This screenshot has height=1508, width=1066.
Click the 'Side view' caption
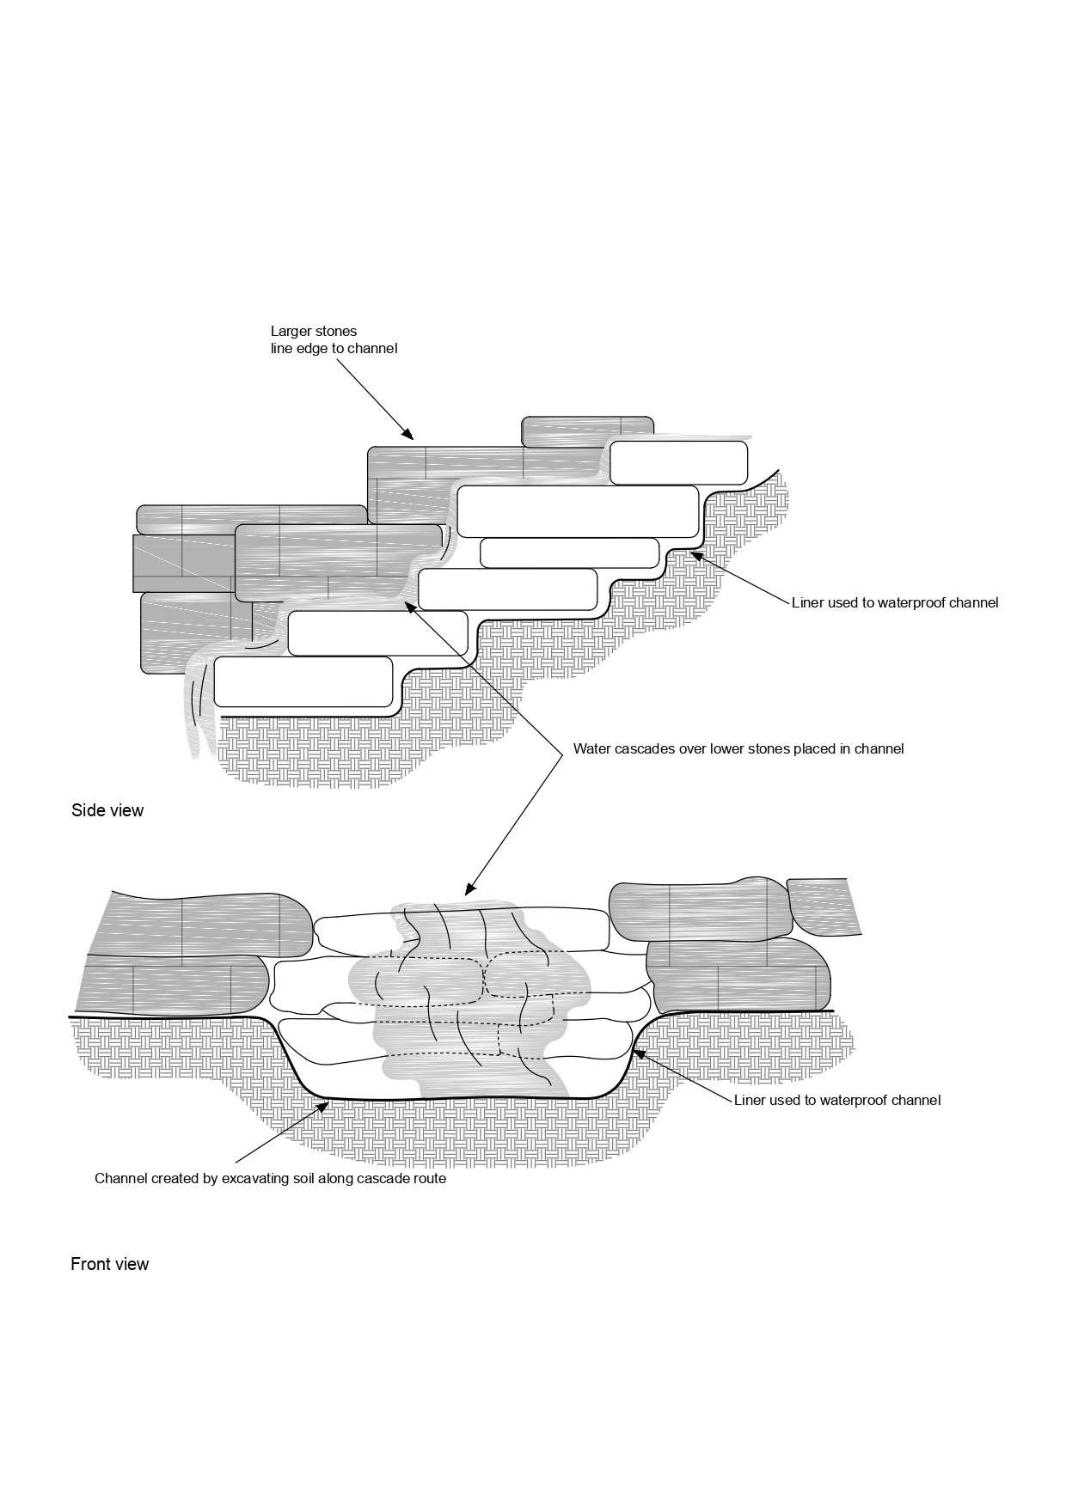pos(107,810)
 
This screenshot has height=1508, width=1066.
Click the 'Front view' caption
pos(109,1264)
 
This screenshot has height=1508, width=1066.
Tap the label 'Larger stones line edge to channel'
pos(334,339)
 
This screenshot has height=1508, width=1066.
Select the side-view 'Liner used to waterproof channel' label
pos(895,603)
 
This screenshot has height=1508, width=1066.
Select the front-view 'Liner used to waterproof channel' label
pos(837,1100)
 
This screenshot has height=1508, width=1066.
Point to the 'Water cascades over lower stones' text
pos(738,748)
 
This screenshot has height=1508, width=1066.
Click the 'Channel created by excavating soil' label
pos(270,1178)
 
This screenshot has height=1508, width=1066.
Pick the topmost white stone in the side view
pos(678,463)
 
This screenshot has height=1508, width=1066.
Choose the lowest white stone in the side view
pos(303,681)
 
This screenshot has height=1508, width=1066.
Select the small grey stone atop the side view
pos(588,431)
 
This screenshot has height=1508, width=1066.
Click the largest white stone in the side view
pos(577,511)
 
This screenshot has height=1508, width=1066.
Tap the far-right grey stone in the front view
pos(824,907)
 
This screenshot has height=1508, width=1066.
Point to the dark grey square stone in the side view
pos(183,563)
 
